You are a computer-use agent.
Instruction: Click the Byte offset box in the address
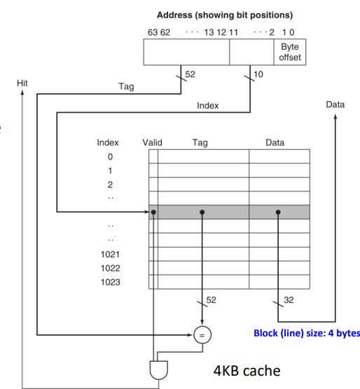tap(289, 52)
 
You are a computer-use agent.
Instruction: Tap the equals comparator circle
tap(202, 335)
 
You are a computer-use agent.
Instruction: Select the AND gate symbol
tap(159, 370)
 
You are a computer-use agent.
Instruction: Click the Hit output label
tap(22, 83)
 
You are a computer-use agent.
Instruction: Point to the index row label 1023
tap(111, 282)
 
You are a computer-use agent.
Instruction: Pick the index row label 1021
tap(111, 254)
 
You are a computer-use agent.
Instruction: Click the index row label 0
tap(110, 157)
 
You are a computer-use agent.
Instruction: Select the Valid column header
tap(152, 143)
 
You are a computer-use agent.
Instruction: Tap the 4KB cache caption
tap(247, 371)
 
